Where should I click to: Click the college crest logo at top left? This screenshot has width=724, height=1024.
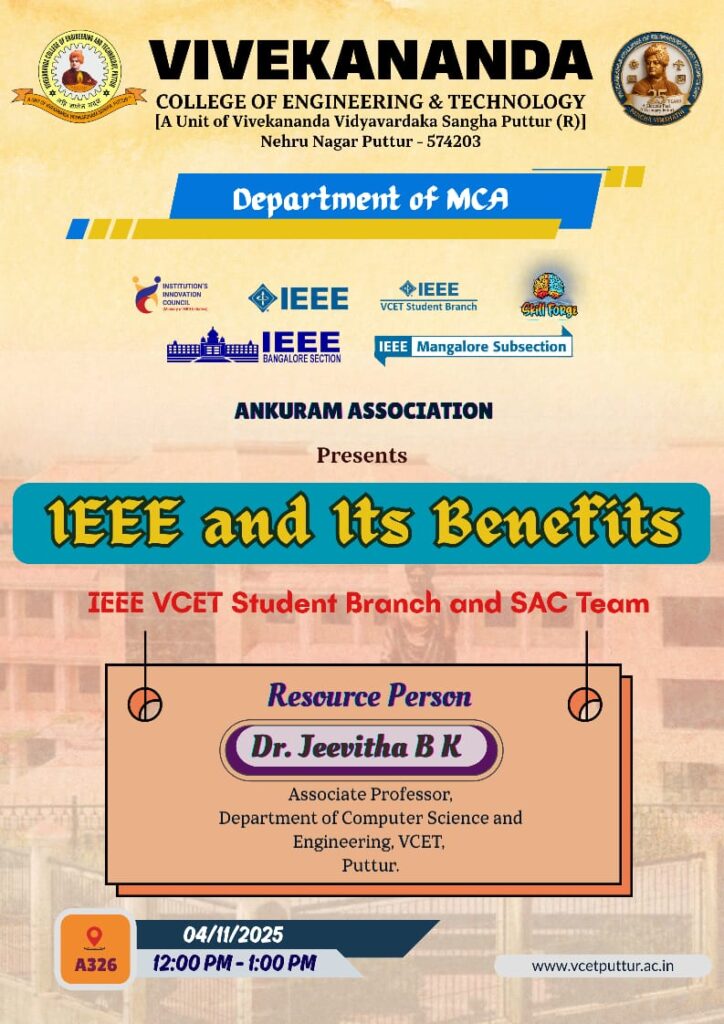coord(79,78)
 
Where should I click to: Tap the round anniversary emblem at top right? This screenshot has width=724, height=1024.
coord(656,78)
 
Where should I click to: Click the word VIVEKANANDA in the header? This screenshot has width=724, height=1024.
coord(370,62)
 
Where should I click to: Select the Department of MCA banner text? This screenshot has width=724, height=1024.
coord(370,200)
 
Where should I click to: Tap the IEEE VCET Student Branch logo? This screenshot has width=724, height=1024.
coord(428,296)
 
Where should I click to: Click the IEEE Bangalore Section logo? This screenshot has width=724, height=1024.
coord(254,346)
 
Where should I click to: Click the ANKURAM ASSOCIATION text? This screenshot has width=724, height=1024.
coord(363,410)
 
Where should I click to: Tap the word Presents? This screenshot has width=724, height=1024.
coord(362,456)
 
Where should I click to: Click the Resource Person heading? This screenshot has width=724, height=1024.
coord(369,696)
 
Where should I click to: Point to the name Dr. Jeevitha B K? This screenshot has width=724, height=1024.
coord(356,747)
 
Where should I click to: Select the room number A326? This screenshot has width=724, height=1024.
coord(95,966)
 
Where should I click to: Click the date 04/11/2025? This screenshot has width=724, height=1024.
coord(233,935)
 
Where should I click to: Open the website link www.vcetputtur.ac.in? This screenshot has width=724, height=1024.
coord(602,966)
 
